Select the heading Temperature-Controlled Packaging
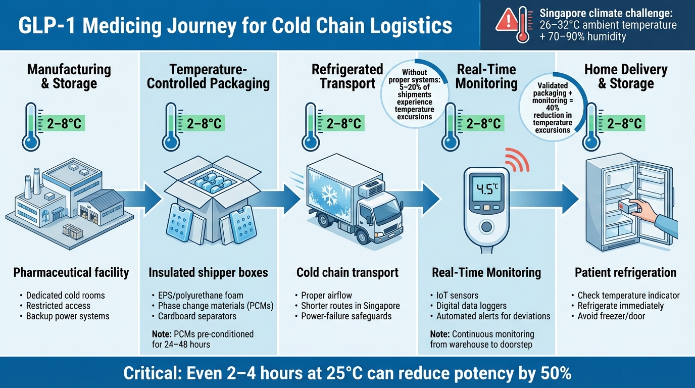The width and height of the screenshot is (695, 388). pyautogui.click(x=208, y=76)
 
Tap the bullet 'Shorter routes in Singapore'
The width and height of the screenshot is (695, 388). pyautogui.click(x=350, y=306)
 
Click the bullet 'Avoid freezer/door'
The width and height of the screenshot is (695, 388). pyautogui.click(x=611, y=316)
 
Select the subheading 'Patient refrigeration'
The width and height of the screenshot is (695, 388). pyautogui.click(x=625, y=273)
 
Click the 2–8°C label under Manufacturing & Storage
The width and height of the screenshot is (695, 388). pyautogui.click(x=64, y=123)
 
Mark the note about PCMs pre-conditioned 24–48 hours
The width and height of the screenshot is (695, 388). pyautogui.click(x=203, y=339)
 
